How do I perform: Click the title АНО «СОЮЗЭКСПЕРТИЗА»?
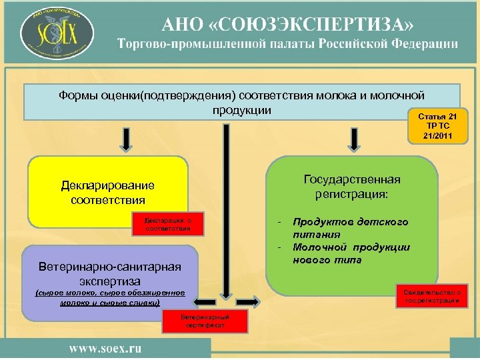(289, 25)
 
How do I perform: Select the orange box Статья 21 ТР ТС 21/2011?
(438, 125)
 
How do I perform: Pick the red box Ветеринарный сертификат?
(205, 321)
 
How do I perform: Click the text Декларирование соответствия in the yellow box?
(107, 192)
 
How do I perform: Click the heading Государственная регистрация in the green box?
(352, 187)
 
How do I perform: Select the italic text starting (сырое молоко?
(109, 297)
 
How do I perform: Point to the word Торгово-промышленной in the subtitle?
(189, 44)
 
